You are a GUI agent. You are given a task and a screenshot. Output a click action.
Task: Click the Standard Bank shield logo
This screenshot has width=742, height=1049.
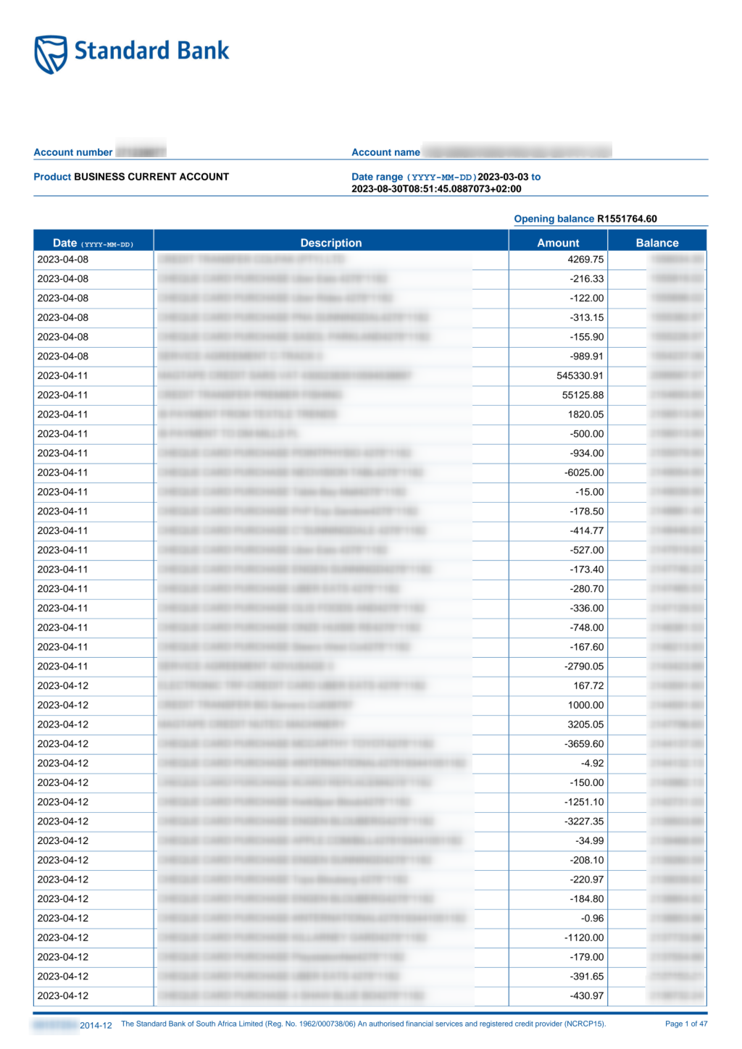point(51,54)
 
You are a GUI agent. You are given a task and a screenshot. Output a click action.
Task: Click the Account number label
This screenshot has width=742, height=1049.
point(73,152)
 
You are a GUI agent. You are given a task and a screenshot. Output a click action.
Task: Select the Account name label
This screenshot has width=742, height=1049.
point(385,152)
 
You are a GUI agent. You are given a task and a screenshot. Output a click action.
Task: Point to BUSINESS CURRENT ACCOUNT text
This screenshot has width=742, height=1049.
point(151,177)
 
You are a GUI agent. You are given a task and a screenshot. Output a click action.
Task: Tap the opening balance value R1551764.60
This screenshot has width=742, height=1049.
point(627,219)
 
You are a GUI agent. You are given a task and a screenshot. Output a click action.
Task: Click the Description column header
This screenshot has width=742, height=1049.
point(331,243)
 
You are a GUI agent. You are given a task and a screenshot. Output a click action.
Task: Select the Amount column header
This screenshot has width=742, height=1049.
point(558,243)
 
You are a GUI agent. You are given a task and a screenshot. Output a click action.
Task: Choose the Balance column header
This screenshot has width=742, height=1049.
point(657,243)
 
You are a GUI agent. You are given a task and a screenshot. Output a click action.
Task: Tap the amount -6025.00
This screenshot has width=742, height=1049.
point(584,472)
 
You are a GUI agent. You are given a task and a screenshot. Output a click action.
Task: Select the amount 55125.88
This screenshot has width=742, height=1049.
point(583,395)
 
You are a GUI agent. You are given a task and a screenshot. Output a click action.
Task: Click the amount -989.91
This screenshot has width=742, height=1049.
point(586,356)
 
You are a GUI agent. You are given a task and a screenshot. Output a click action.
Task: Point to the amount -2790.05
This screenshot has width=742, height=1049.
point(584,666)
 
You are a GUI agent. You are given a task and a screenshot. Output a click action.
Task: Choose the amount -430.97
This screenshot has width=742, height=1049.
point(586,995)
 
